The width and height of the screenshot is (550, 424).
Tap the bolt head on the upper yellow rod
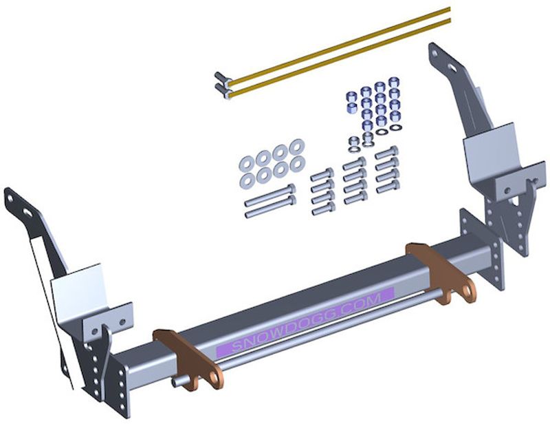221,78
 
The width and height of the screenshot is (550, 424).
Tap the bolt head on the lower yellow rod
221,90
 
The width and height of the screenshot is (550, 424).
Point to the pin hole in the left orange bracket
214,377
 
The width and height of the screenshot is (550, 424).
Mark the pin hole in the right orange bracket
467,290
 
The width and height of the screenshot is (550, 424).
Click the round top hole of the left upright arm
10,198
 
